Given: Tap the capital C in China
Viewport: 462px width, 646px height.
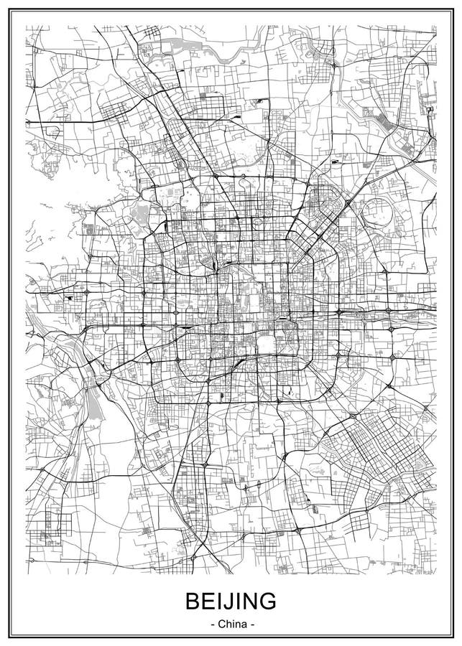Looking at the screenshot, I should click(x=221, y=624).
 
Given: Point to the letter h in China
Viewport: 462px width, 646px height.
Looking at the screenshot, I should click(x=227, y=624).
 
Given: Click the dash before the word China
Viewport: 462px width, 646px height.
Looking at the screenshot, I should click(x=212, y=624).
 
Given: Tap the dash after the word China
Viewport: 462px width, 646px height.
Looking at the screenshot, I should click(x=251, y=624).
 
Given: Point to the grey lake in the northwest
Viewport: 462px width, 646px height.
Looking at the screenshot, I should click(x=142, y=213).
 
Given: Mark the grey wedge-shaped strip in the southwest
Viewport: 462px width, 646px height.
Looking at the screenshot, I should click(x=94, y=403).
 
